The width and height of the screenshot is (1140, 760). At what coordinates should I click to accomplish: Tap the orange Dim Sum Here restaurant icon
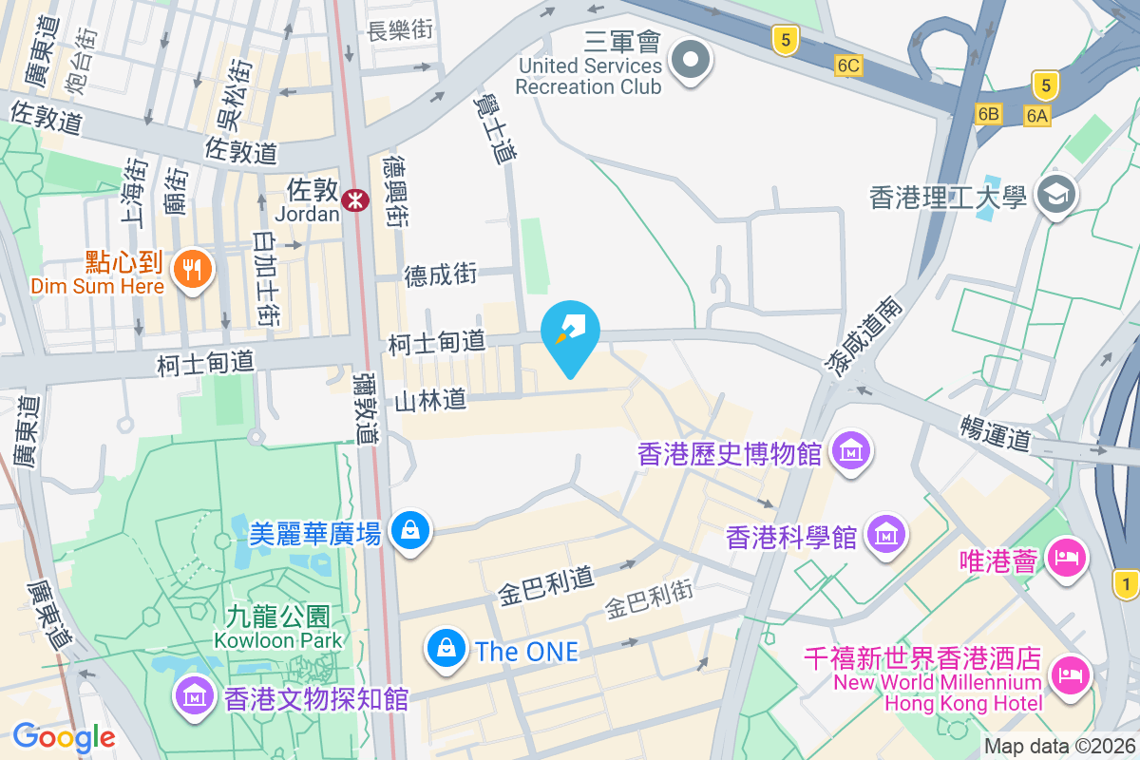point(193,269)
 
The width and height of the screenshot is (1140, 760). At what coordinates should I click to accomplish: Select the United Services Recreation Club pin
point(691,62)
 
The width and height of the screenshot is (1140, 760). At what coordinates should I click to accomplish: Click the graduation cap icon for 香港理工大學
point(1054,195)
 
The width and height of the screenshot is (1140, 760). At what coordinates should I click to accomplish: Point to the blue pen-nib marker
point(570,331)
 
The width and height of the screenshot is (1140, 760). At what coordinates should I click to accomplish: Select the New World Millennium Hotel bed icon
point(1070,675)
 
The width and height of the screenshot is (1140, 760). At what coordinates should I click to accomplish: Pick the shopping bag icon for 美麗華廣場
point(409,529)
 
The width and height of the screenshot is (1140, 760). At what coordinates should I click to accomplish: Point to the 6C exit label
point(848,66)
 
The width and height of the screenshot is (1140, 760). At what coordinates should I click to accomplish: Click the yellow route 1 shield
point(1127,582)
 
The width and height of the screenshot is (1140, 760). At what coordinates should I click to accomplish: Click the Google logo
point(64,736)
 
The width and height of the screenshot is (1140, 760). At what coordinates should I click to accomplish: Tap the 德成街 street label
point(440,275)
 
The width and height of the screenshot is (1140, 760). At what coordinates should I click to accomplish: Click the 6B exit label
point(988,114)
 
